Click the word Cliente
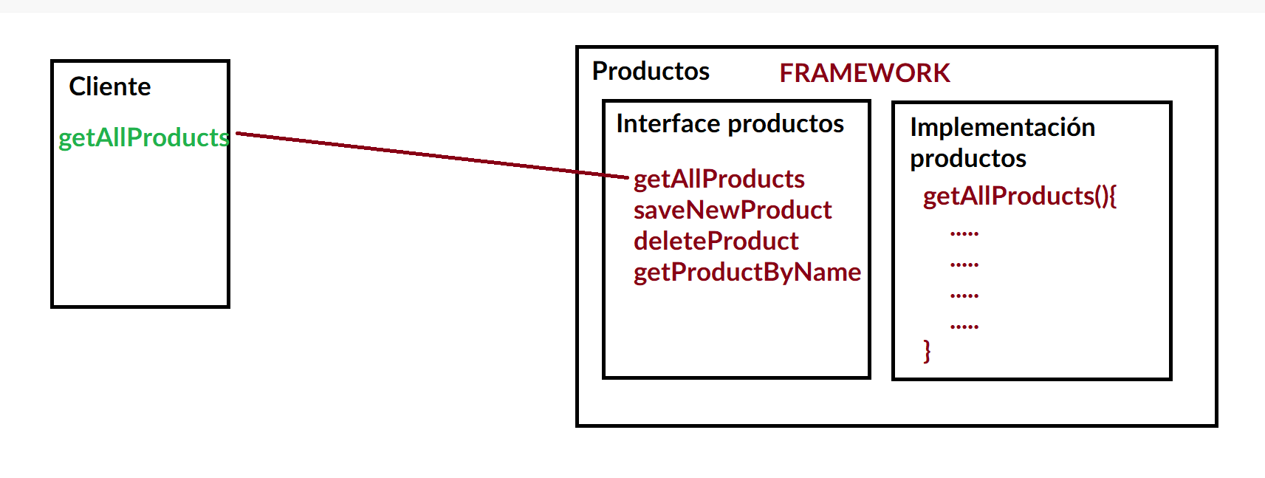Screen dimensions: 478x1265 pyautogui.click(x=109, y=86)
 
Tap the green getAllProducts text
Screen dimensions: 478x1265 pyautogui.click(x=143, y=137)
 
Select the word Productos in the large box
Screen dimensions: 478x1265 pyautogui.click(x=651, y=71)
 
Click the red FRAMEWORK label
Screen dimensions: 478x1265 pyautogui.click(x=865, y=73)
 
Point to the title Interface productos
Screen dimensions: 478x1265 pyautogui.click(x=730, y=123)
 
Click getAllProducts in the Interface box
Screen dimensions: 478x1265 pyautogui.click(x=719, y=179)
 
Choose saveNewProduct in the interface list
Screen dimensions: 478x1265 pyautogui.click(x=732, y=210)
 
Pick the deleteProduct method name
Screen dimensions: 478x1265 pyautogui.click(x=716, y=241)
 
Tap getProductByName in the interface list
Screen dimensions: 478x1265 pyautogui.click(x=747, y=272)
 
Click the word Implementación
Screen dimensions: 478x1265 pyautogui.click(x=1002, y=127)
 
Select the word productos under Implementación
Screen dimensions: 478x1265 pyautogui.click(x=967, y=158)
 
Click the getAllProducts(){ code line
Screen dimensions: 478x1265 pyautogui.click(x=1019, y=196)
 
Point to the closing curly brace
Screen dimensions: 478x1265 pyautogui.click(x=927, y=350)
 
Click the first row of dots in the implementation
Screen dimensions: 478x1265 pyautogui.click(x=964, y=233)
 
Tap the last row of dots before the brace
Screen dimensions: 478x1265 pyautogui.click(x=964, y=326)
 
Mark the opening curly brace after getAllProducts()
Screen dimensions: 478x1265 pyautogui.click(x=1112, y=196)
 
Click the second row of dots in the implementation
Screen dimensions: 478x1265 pyautogui.click(x=964, y=264)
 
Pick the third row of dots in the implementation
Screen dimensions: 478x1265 pyautogui.click(x=964, y=296)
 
